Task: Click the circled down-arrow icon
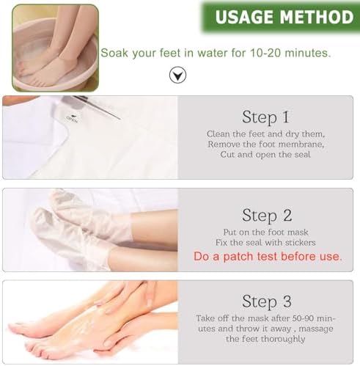(x=177, y=74)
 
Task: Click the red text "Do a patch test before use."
(x=267, y=257)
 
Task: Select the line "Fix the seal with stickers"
(x=267, y=243)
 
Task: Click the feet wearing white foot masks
(x=81, y=227)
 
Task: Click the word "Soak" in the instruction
(x=114, y=53)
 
